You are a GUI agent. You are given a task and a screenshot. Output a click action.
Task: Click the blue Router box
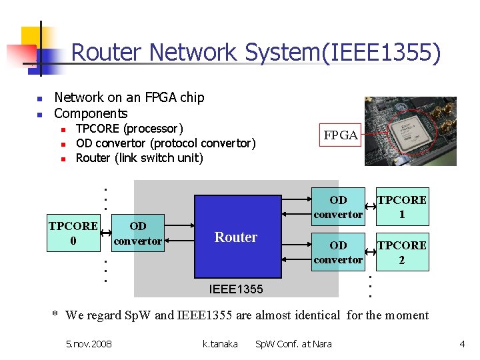click(237, 237)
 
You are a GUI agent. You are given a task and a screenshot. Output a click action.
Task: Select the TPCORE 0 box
click(73, 233)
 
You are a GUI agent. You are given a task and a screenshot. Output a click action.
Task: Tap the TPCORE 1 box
click(402, 207)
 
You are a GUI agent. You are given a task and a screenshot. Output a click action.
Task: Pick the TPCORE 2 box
click(402, 252)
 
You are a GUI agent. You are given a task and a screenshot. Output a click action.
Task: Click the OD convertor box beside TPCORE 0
click(138, 233)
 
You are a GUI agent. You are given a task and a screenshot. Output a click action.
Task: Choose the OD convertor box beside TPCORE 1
click(338, 207)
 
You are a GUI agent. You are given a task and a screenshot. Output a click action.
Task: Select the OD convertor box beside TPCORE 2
click(338, 252)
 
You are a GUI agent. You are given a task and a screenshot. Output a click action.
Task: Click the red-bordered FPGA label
click(341, 135)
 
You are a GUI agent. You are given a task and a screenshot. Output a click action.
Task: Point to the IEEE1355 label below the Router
click(236, 289)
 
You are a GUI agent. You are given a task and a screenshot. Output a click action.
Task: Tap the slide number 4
click(462, 344)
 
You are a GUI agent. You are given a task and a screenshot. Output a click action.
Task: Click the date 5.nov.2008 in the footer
click(89, 344)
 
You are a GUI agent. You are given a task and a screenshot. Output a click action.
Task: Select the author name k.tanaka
click(219, 344)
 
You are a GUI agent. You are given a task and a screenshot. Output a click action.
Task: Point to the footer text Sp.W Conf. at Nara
click(293, 344)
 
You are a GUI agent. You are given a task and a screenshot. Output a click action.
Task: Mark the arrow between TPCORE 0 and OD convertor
click(105, 227)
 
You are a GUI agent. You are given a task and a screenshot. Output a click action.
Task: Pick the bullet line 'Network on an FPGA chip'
click(129, 97)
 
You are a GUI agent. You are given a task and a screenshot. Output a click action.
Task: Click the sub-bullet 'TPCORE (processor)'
click(129, 128)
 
